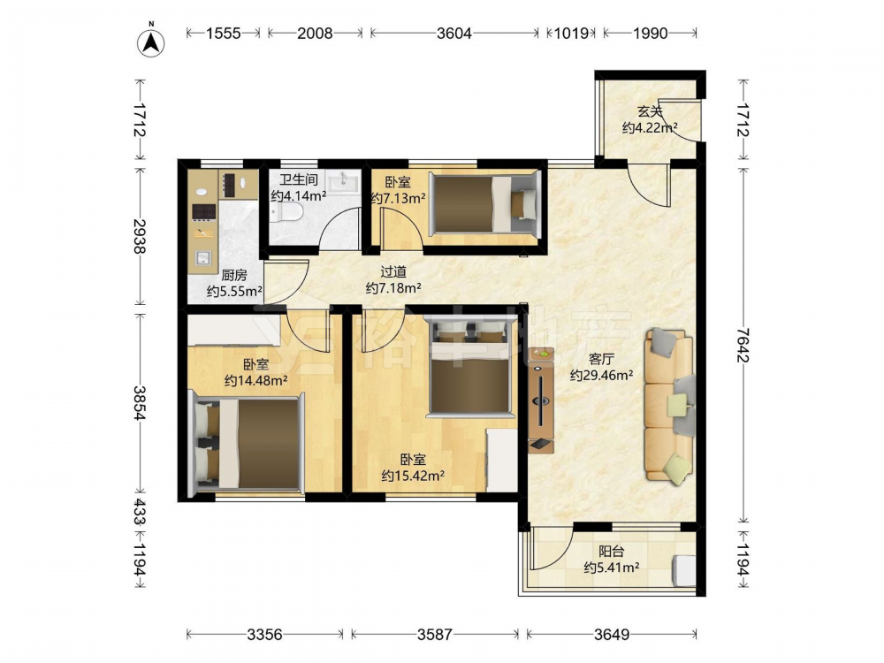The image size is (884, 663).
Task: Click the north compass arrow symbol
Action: (151, 41)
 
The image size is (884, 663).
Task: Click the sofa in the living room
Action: (669, 406)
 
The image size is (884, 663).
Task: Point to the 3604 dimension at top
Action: (453, 34)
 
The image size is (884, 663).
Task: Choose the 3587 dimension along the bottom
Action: (435, 635)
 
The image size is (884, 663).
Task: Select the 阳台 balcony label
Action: (611, 551)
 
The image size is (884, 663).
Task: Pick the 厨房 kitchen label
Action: (234, 275)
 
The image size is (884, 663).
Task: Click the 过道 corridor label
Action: (393, 271)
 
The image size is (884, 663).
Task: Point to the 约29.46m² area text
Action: (601, 375)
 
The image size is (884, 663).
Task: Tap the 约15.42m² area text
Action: (413, 476)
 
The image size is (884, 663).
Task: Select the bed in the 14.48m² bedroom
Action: (248, 443)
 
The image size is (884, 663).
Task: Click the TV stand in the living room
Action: (541, 400)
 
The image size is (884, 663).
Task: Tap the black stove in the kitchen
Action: (204, 211)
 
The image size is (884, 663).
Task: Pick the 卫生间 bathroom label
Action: (298, 179)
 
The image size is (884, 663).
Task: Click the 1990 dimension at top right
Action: (650, 34)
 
